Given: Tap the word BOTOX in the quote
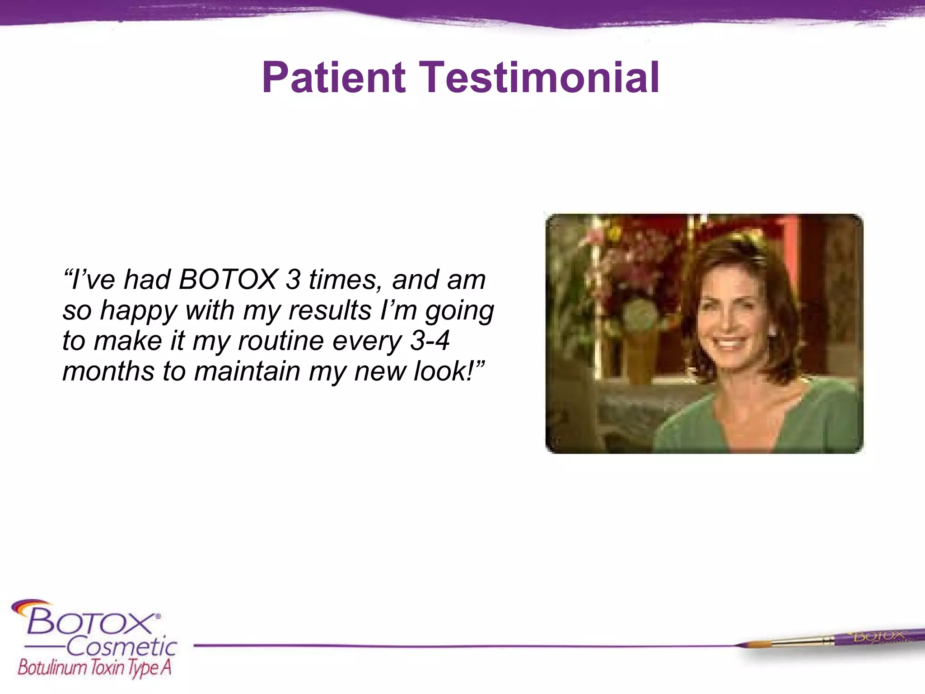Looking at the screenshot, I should [228, 280].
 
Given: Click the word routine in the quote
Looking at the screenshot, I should [280, 341].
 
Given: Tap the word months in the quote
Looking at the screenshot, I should [108, 371].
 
